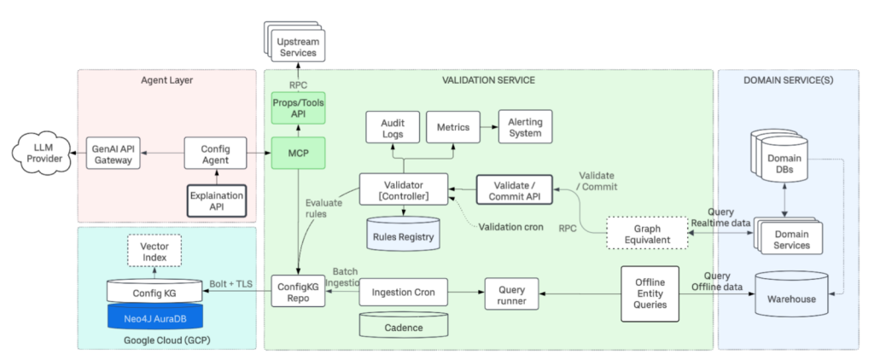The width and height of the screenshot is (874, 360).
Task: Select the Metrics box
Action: coord(452,128)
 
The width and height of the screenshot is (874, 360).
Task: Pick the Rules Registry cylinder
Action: coord(404,235)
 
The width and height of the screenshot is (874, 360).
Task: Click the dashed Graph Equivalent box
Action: coord(647,234)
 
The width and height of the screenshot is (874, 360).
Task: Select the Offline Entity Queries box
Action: coord(650,293)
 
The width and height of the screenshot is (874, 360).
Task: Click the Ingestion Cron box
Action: coord(403,293)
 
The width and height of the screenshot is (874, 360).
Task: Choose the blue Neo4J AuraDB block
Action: coord(154,316)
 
